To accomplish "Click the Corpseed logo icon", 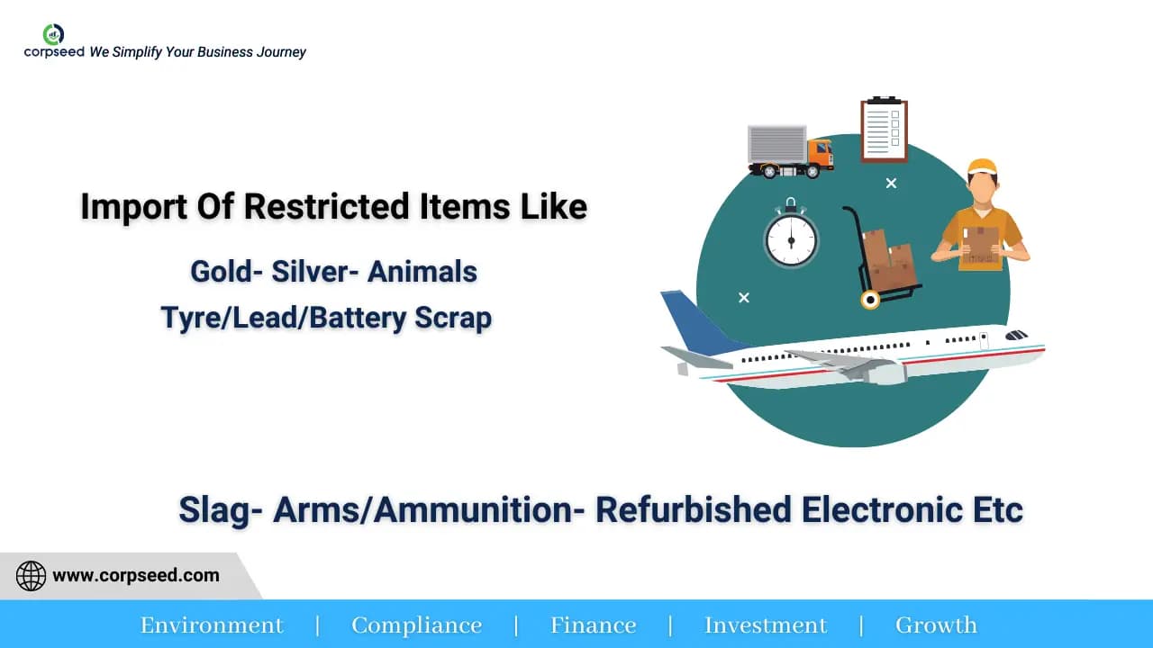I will (53, 34).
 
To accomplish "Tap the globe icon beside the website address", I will (31, 576).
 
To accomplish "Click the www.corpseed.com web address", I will (136, 576).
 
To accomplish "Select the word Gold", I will (219, 272).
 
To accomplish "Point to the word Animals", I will (422, 272).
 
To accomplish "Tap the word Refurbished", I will (693, 509).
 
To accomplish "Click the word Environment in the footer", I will (212, 625).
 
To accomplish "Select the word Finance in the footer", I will (593, 625).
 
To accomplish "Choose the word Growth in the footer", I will (935, 625).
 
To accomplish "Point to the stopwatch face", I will (791, 239).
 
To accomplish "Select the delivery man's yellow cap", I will (982, 167).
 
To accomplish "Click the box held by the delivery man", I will (980, 243).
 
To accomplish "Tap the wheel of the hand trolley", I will (869, 300).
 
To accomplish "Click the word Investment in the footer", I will (765, 625).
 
